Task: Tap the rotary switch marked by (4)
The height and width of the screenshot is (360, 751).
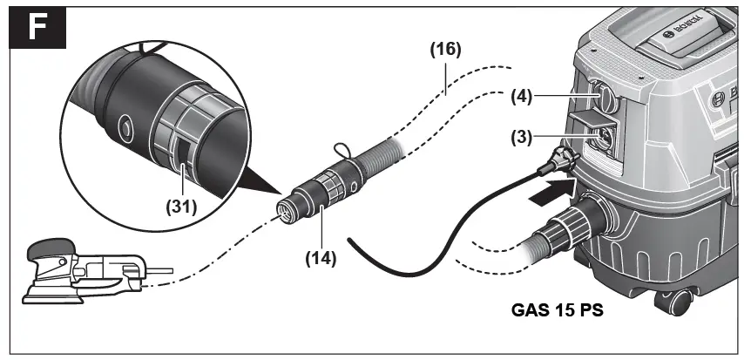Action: click(x=602, y=98)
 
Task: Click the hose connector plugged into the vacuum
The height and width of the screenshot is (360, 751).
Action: click(x=578, y=223)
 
